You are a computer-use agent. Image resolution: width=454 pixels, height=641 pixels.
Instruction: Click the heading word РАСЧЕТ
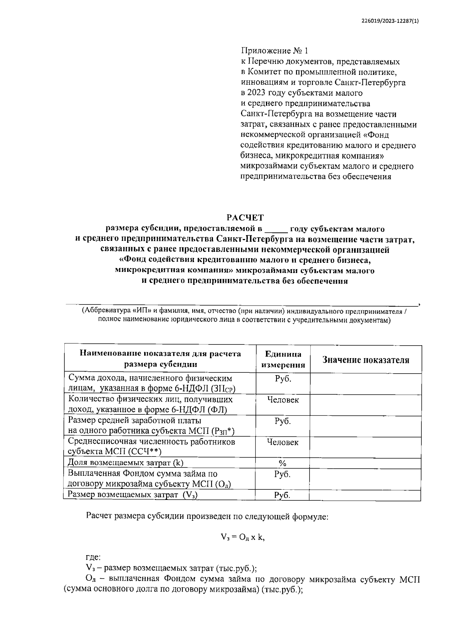245,217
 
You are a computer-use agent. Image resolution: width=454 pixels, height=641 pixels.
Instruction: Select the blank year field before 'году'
276,229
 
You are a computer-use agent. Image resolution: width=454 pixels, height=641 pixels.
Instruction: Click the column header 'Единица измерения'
283,359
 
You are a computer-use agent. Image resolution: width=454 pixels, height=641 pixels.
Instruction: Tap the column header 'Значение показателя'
365,360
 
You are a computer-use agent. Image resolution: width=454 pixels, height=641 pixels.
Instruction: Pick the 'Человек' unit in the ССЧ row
283,442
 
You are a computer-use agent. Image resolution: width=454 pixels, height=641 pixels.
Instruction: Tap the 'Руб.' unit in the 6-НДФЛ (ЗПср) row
283,379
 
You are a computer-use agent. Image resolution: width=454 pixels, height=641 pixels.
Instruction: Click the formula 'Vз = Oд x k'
242,537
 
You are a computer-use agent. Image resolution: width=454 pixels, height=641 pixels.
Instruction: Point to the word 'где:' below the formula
93,557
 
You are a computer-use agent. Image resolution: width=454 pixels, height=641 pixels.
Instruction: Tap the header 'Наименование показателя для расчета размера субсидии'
160,359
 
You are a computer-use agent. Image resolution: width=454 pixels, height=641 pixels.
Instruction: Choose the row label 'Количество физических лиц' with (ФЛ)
150,404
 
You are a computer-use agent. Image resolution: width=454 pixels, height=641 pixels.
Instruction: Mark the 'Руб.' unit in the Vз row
282,495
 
